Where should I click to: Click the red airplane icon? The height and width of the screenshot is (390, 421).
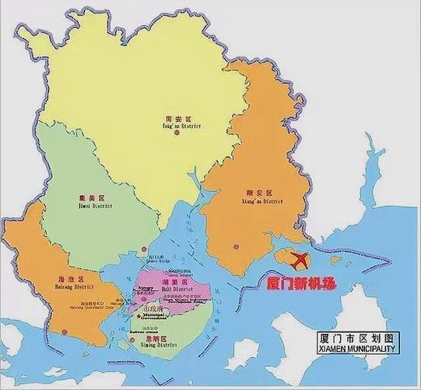point(299,258)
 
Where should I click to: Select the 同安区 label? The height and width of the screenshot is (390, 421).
point(184,118)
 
